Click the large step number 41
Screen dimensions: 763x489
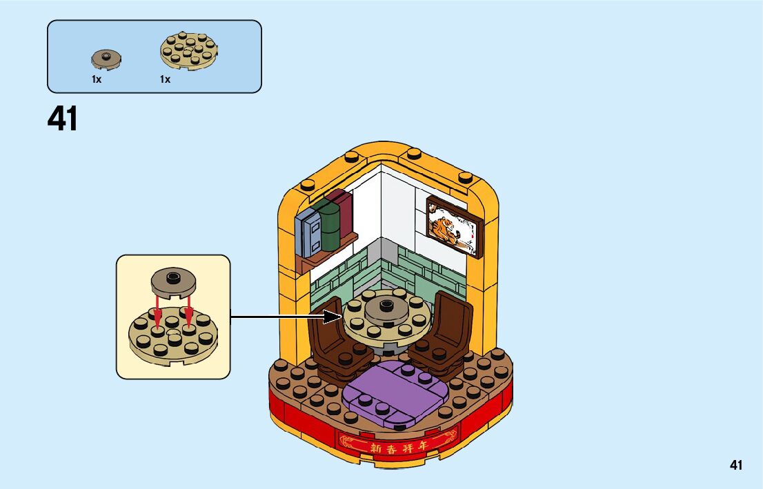(63, 119)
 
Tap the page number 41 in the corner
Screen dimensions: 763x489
(736, 466)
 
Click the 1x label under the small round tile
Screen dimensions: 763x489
(97, 79)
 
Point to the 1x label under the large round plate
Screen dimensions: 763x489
(165, 79)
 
